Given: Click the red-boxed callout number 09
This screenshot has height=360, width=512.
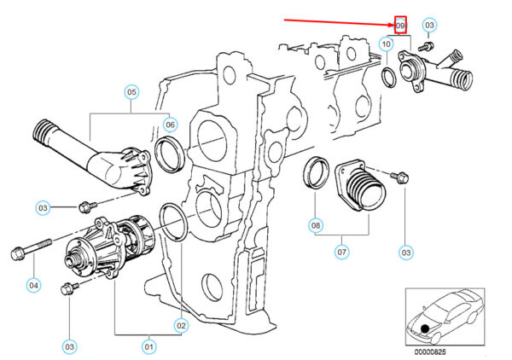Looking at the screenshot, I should (x=401, y=26).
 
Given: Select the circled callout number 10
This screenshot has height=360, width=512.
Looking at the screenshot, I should (x=387, y=44).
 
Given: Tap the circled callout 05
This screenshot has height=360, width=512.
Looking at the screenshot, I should (x=131, y=90).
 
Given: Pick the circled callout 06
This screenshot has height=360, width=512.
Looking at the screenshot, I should (x=170, y=125).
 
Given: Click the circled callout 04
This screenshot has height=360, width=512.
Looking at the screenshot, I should (x=33, y=285).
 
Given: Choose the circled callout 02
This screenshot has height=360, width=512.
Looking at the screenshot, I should (x=181, y=325).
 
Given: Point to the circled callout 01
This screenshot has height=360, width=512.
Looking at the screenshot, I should (x=149, y=346).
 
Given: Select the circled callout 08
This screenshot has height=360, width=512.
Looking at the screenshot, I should (x=316, y=226).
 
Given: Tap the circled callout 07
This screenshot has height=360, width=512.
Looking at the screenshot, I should (x=341, y=252).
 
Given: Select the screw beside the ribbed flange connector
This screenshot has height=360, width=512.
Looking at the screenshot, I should (x=400, y=177).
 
